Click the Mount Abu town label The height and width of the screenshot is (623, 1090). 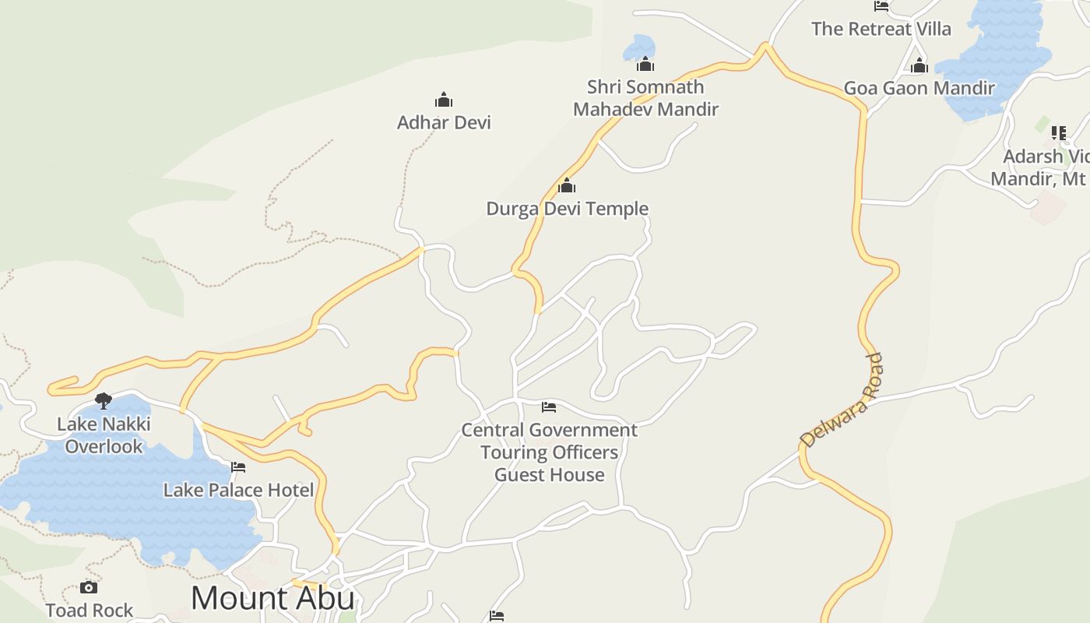(x=272, y=598)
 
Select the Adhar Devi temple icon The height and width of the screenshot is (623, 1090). (x=444, y=100)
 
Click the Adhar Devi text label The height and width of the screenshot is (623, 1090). (x=444, y=122)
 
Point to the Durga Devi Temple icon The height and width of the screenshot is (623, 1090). (x=567, y=185)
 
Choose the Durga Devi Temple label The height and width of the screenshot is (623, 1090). (x=567, y=209)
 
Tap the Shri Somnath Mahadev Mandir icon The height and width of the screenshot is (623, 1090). (x=645, y=65)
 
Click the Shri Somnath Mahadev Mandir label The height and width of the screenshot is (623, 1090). (x=645, y=98)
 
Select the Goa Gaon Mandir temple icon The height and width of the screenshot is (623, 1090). (x=919, y=65)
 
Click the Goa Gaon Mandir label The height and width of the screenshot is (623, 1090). (x=919, y=88)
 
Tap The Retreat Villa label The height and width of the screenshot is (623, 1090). (x=881, y=29)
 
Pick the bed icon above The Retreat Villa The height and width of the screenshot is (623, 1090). (x=881, y=6)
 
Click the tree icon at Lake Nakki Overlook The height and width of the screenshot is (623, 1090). (x=103, y=401)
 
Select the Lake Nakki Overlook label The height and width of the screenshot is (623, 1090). (x=104, y=435)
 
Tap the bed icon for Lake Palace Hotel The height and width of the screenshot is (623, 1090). (x=238, y=467)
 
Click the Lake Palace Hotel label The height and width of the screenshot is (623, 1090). (x=238, y=490)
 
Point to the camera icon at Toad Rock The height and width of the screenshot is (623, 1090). (x=89, y=587)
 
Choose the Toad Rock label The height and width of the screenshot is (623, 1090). (x=90, y=611)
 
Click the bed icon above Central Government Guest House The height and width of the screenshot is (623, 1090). (x=549, y=407)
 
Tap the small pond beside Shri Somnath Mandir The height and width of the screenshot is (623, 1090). (x=638, y=46)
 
